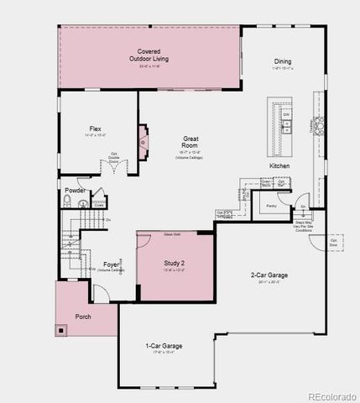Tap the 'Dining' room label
pos(283,61)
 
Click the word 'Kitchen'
pos(279,165)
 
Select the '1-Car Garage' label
pos(164,345)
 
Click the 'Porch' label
pos(82,317)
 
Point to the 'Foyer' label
pos(111,264)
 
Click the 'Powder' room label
pos(74,191)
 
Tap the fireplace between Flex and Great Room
pos(143,142)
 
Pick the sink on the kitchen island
pos(286,126)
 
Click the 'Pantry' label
pos(271,205)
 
